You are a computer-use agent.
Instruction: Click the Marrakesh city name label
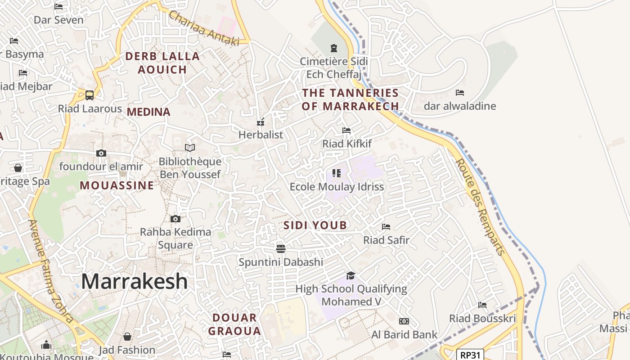pyautogui.click(x=134, y=282)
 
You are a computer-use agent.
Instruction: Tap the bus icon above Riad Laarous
pyautogui.click(x=90, y=95)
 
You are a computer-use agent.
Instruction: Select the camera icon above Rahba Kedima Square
pyautogui.click(x=175, y=219)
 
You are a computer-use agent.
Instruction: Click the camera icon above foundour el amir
pyautogui.click(x=101, y=153)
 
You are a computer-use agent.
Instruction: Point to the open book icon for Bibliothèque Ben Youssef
pyautogui.click(x=190, y=148)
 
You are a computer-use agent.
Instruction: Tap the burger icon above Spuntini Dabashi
pyautogui.click(x=281, y=249)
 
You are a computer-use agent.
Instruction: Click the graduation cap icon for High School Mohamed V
pyautogui.click(x=351, y=275)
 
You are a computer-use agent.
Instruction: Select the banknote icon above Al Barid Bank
pyautogui.click(x=404, y=321)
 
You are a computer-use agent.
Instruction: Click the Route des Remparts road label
pyautogui.click(x=480, y=207)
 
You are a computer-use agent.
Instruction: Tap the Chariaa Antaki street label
pyautogui.click(x=204, y=28)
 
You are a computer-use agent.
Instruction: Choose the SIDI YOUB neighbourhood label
pyautogui.click(x=315, y=225)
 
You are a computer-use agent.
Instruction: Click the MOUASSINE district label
pyautogui.click(x=117, y=185)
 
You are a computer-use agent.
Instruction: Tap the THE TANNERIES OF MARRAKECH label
pyautogui.click(x=350, y=99)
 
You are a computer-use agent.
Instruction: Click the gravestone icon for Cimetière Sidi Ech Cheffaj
pyautogui.click(x=333, y=48)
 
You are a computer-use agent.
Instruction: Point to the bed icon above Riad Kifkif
pyautogui.click(x=346, y=130)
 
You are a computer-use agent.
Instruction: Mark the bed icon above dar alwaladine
pyautogui.click(x=459, y=93)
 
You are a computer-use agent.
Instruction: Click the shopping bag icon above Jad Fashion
pyautogui.click(x=127, y=337)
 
